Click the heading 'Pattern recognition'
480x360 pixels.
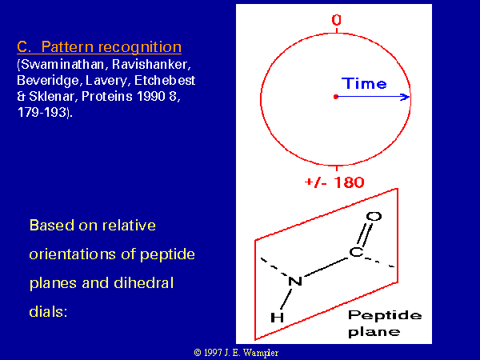tap(111, 47)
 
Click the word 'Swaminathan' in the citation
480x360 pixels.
tap(62, 65)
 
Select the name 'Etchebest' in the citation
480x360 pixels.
tap(165, 81)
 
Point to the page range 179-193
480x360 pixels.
tap(42, 112)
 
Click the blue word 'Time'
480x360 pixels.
tap(364, 83)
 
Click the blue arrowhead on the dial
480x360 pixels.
tap(406, 97)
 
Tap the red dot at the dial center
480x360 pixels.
tap(336, 97)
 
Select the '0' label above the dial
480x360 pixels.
tap(337, 20)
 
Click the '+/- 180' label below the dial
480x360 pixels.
tap(334, 182)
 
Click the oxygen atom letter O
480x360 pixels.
tap(374, 217)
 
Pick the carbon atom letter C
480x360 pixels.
tap(356, 252)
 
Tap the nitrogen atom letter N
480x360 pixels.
tap(295, 281)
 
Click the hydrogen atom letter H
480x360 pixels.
tap(278, 318)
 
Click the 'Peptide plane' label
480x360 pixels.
tap(385, 323)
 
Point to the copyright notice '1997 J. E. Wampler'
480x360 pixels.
tap(236, 353)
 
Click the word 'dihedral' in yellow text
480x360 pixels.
tap(143, 283)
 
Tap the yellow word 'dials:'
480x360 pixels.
tap(48, 312)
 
